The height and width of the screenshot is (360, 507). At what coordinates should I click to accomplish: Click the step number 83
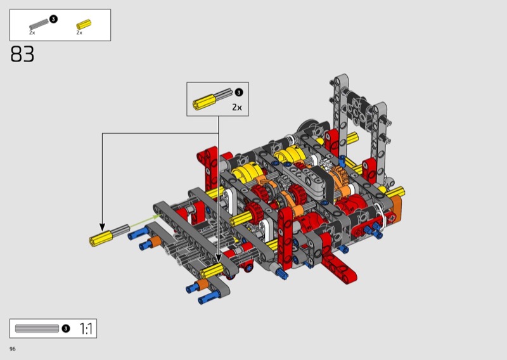[22, 54]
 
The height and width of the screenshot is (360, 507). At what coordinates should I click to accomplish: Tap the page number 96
[13, 349]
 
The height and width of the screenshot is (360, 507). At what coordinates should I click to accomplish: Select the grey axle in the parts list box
[39, 24]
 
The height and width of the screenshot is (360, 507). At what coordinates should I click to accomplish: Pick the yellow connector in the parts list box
[84, 25]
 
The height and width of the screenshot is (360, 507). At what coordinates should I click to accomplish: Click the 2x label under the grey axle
[32, 33]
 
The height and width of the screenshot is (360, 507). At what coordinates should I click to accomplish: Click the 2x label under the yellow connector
[79, 33]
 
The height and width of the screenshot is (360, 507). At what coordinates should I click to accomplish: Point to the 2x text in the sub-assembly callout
[237, 107]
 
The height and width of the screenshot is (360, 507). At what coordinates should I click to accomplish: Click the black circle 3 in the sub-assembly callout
[239, 93]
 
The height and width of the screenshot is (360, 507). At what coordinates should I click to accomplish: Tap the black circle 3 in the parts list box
[53, 19]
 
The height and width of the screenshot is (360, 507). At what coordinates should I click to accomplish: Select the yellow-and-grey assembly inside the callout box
[212, 100]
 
